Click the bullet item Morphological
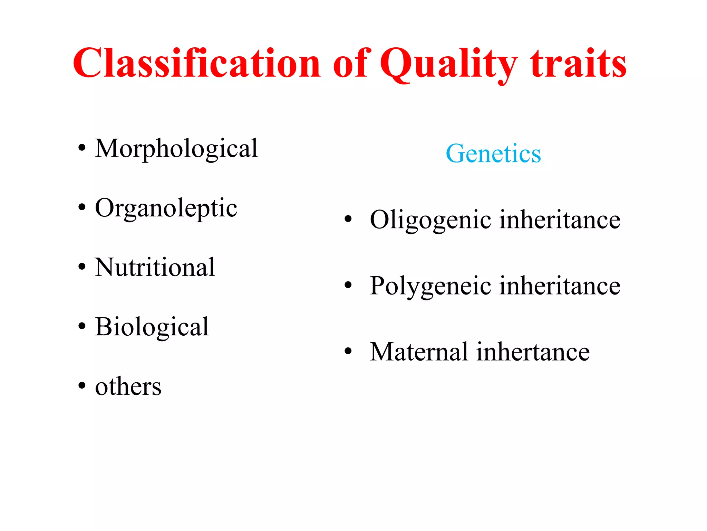[176, 149]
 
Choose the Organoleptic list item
[166, 208]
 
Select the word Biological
[152, 327]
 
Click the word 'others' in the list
[128, 386]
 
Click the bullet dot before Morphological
[81, 148]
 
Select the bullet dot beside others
[81, 385]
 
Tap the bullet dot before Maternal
[348, 351]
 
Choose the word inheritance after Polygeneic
[560, 286]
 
